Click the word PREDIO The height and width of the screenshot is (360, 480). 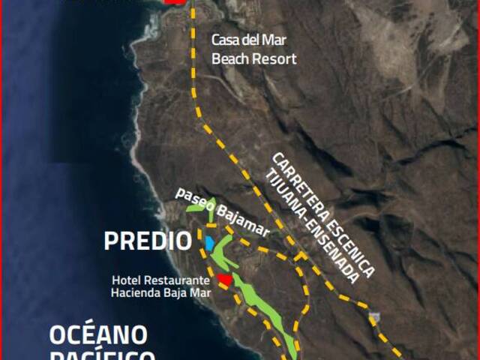pos(148,241)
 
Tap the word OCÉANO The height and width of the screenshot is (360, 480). pos(98,334)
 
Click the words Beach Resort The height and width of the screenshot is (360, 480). pos(253,58)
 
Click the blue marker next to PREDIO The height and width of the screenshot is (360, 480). pos(209,244)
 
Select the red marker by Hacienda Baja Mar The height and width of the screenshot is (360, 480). pos(223,280)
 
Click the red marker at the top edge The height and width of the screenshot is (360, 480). pos(175,2)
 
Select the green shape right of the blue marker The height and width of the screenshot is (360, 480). pos(220,255)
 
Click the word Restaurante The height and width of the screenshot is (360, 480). pos(178,280)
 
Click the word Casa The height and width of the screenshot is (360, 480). pos(224,40)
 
